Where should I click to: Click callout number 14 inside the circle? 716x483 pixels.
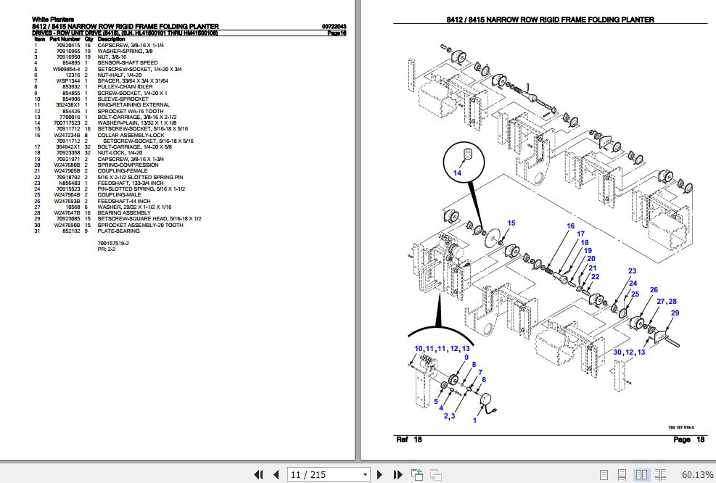coord(458,173)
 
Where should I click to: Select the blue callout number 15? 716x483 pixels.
coord(511,223)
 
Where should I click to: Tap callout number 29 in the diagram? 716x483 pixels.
coord(675,313)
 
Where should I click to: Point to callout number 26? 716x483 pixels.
coord(654,290)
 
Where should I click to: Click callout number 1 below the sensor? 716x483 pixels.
coord(474,420)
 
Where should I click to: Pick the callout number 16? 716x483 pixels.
coord(570,226)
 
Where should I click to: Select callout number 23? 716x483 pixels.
coord(632,271)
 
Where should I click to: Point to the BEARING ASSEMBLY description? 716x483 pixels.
coord(125,212)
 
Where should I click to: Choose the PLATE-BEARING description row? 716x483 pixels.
coord(119,231)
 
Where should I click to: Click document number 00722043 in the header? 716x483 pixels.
coord(333,27)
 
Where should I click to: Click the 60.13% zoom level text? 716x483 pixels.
coord(696,474)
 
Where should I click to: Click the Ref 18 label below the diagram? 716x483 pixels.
coord(408,439)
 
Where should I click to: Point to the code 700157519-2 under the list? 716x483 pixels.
coord(113,243)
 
